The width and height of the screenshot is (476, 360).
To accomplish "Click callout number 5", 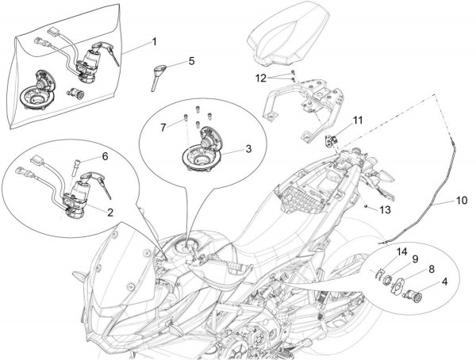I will (x=190, y=60).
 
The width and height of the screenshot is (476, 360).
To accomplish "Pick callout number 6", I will (x=103, y=156).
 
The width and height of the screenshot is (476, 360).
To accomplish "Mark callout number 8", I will (x=432, y=269).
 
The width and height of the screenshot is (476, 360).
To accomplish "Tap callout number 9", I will (x=414, y=258).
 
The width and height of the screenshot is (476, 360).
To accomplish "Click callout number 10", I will (x=462, y=201).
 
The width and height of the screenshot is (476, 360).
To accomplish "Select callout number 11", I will (x=357, y=121).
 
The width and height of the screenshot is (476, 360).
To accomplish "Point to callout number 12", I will (x=260, y=78).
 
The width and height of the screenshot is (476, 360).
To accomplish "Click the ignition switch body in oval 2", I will (x=78, y=197).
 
